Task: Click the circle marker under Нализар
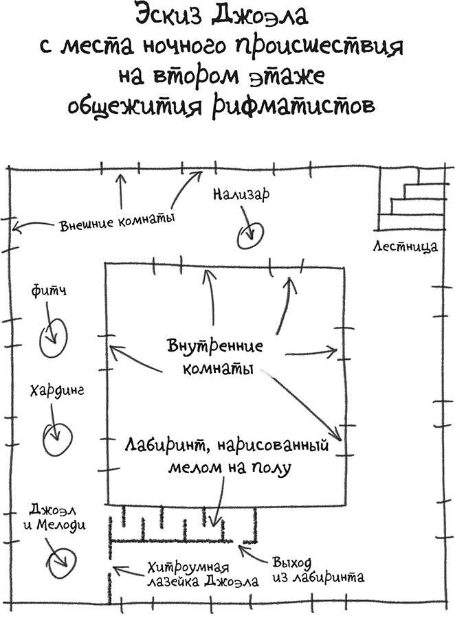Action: coord(247,236)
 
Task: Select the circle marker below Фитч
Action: coord(52,338)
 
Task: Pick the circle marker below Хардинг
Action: coord(57,435)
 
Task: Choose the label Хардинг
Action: coord(57,391)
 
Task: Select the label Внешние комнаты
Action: coord(116,222)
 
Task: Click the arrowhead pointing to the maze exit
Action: coord(241,547)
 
